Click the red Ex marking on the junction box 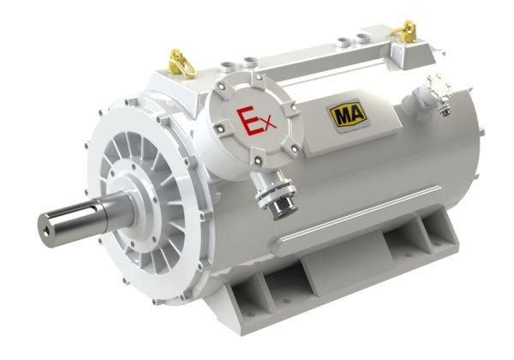tap(255, 121)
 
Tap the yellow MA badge tap(348, 114)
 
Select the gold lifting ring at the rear tap(405, 31)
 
